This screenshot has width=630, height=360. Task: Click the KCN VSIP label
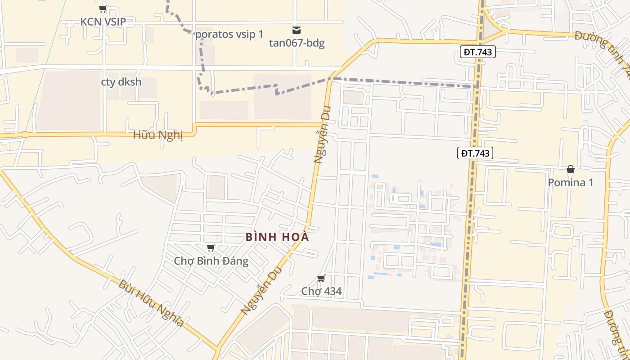pyautogui.click(x=103, y=22)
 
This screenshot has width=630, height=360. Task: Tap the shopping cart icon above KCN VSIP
pyautogui.click(x=103, y=9)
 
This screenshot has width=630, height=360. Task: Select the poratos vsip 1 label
pyautogui.click(x=229, y=34)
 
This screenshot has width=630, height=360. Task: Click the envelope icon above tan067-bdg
pyautogui.click(x=297, y=30)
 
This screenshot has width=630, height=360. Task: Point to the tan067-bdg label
pyautogui.click(x=297, y=43)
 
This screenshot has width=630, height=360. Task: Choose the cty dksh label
pyautogui.click(x=121, y=82)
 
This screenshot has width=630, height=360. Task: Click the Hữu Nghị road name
pyautogui.click(x=158, y=135)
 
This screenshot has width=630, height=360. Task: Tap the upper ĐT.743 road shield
pyautogui.click(x=477, y=52)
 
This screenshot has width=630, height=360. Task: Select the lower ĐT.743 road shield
pyautogui.click(x=475, y=153)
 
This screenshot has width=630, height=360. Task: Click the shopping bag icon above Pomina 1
pyautogui.click(x=570, y=170)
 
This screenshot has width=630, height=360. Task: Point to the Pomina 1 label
pyautogui.click(x=570, y=183)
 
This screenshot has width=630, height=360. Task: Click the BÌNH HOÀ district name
pyautogui.click(x=278, y=237)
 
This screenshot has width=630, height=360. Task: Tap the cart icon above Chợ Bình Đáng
pyautogui.click(x=211, y=247)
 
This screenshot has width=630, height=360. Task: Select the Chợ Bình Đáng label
pyautogui.click(x=211, y=261)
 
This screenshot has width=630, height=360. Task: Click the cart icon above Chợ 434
pyautogui.click(x=321, y=278)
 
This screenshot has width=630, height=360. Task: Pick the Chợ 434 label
pyautogui.click(x=321, y=291)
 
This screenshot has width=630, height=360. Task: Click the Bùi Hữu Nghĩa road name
pyautogui.click(x=151, y=303)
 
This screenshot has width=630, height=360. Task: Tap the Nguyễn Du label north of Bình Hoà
pyautogui.click(x=322, y=134)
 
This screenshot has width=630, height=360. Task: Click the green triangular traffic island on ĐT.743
pyautogui.click(x=490, y=31)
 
